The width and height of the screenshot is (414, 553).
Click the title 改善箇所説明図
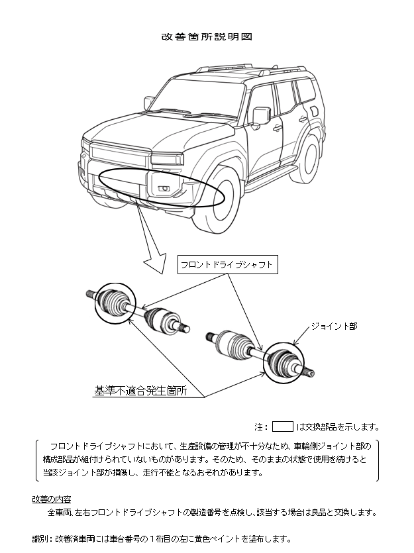(207, 36)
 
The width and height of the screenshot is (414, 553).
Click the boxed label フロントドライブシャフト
(227, 265)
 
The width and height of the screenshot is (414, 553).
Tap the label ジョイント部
(335, 326)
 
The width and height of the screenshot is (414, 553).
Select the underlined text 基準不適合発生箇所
(140, 391)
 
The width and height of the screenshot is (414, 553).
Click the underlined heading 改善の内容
(52, 498)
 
